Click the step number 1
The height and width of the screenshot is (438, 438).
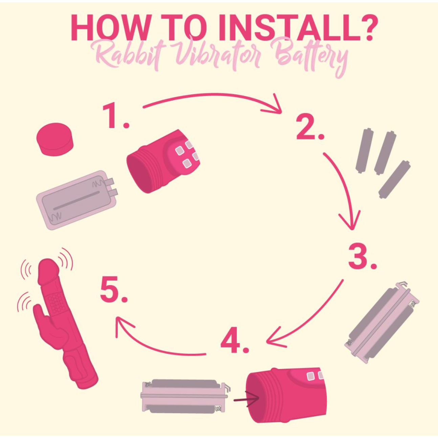coord(115,116)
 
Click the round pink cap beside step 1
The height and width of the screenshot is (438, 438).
coord(54,139)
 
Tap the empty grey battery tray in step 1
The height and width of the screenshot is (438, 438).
coord(77,200)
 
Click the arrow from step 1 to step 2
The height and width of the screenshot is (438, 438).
coord(214,95)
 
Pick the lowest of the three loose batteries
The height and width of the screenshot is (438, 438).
coord(394,179)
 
